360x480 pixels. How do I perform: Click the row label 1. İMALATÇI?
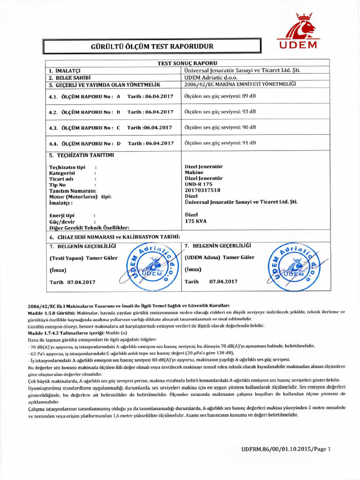[x=65, y=70]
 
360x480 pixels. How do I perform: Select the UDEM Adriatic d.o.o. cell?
[x=211, y=77]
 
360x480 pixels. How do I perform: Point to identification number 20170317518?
[x=202, y=190]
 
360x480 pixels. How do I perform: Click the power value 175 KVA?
[x=195, y=220]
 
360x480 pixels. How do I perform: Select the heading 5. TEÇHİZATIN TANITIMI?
[x=82, y=155]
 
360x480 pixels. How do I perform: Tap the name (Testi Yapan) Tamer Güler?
[x=84, y=258]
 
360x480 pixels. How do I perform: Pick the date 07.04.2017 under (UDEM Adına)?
[x=223, y=282]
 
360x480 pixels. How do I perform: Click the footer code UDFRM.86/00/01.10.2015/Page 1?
[x=286, y=449]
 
